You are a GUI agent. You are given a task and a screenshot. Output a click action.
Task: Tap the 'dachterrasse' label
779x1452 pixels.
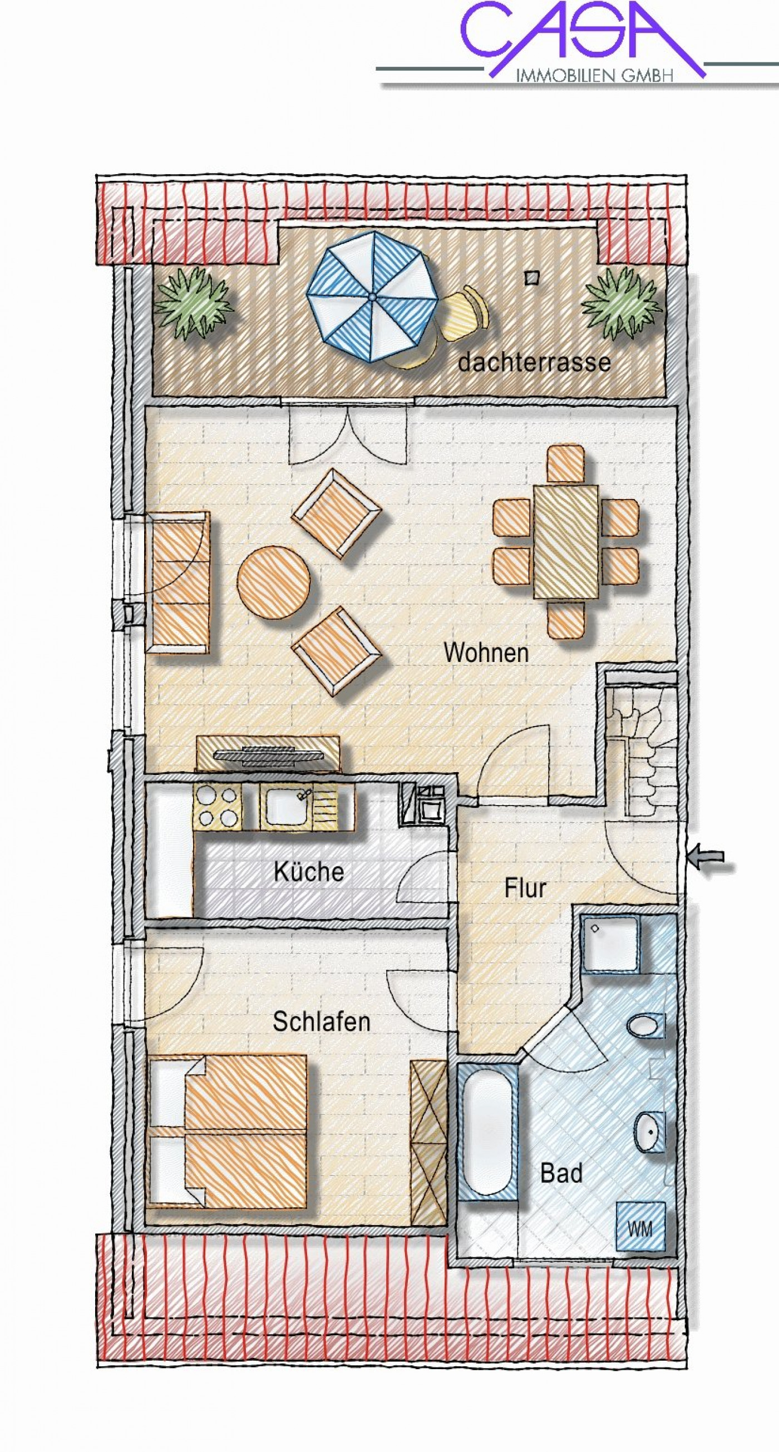pos(534,361)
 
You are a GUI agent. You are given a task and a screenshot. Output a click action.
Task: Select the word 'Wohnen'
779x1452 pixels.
pos(486,653)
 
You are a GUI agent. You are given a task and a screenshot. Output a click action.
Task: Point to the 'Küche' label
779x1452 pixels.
pos(308,871)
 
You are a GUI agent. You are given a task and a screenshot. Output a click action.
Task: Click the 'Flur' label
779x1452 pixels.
pos(525,888)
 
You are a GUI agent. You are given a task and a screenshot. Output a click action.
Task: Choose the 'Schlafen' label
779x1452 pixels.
pos(321,1021)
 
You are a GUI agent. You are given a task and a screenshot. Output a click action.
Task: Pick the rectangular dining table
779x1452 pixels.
pos(566,542)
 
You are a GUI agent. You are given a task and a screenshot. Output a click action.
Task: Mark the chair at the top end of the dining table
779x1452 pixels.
pos(565,463)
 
